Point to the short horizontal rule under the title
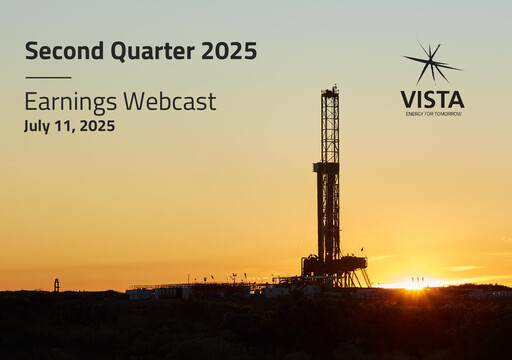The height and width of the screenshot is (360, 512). point(48,77)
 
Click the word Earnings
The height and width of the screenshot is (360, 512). point(69,101)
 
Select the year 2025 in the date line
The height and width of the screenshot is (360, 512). point(97,126)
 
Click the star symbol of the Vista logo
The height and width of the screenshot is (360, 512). point(432,63)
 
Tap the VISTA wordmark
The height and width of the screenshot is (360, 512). point(432,99)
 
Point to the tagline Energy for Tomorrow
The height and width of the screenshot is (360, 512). point(432,114)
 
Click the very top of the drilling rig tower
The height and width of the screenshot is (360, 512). point(329,89)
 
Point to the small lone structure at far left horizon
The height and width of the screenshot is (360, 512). point(56,285)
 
